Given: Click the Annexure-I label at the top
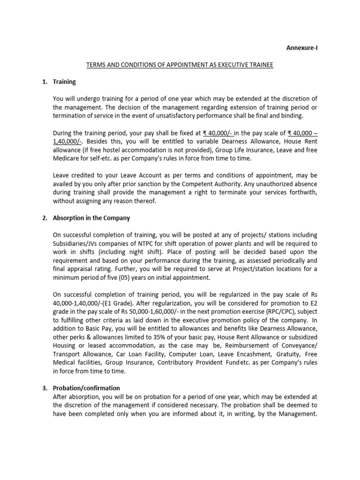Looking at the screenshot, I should pyautogui.click(x=302, y=48).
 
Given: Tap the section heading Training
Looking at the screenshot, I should pyautogui.click(x=64, y=82).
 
